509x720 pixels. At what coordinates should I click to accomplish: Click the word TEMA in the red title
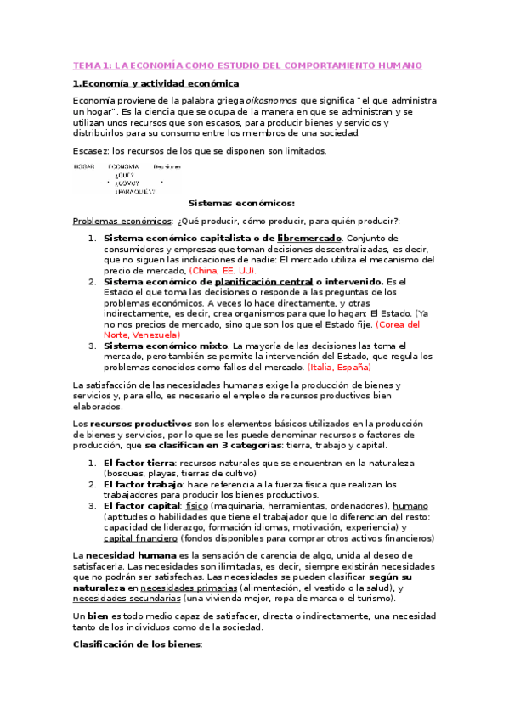click(x=87, y=65)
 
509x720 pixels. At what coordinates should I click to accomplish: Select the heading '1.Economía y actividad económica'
click(x=156, y=83)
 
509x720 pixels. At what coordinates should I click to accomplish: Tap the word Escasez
click(x=88, y=150)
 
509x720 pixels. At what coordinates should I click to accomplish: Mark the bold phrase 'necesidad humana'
click(x=116, y=554)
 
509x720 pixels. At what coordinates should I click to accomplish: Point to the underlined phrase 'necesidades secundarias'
click(x=124, y=599)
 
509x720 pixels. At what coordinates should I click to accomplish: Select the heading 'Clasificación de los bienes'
click(x=138, y=644)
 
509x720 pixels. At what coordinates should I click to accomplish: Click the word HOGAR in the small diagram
click(x=84, y=166)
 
